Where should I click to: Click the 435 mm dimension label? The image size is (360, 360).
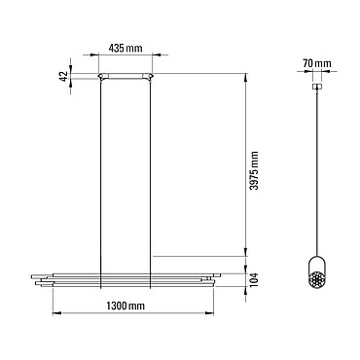click(x=126, y=49)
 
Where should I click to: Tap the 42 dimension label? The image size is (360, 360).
click(x=64, y=77)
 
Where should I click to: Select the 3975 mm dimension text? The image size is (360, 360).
click(x=255, y=170)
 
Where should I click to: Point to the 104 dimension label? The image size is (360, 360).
click(x=255, y=280)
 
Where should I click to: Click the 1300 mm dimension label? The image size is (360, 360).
click(x=126, y=306)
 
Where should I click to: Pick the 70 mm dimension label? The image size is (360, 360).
click(x=317, y=63)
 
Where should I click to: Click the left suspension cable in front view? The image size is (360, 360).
click(x=101, y=183)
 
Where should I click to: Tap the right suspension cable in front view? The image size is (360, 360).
click(x=151, y=183)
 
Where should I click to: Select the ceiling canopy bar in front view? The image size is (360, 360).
click(x=126, y=76)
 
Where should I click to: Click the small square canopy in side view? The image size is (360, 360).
click(x=317, y=87)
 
